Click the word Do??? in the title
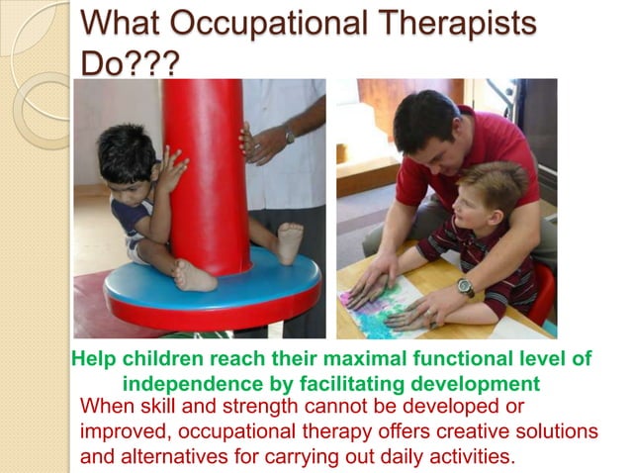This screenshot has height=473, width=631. click(x=130, y=63)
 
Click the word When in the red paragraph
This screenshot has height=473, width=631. click(x=106, y=407)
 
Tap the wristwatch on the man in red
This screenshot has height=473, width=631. click(x=465, y=287)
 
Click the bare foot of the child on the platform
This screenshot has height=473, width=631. click(x=290, y=242)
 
